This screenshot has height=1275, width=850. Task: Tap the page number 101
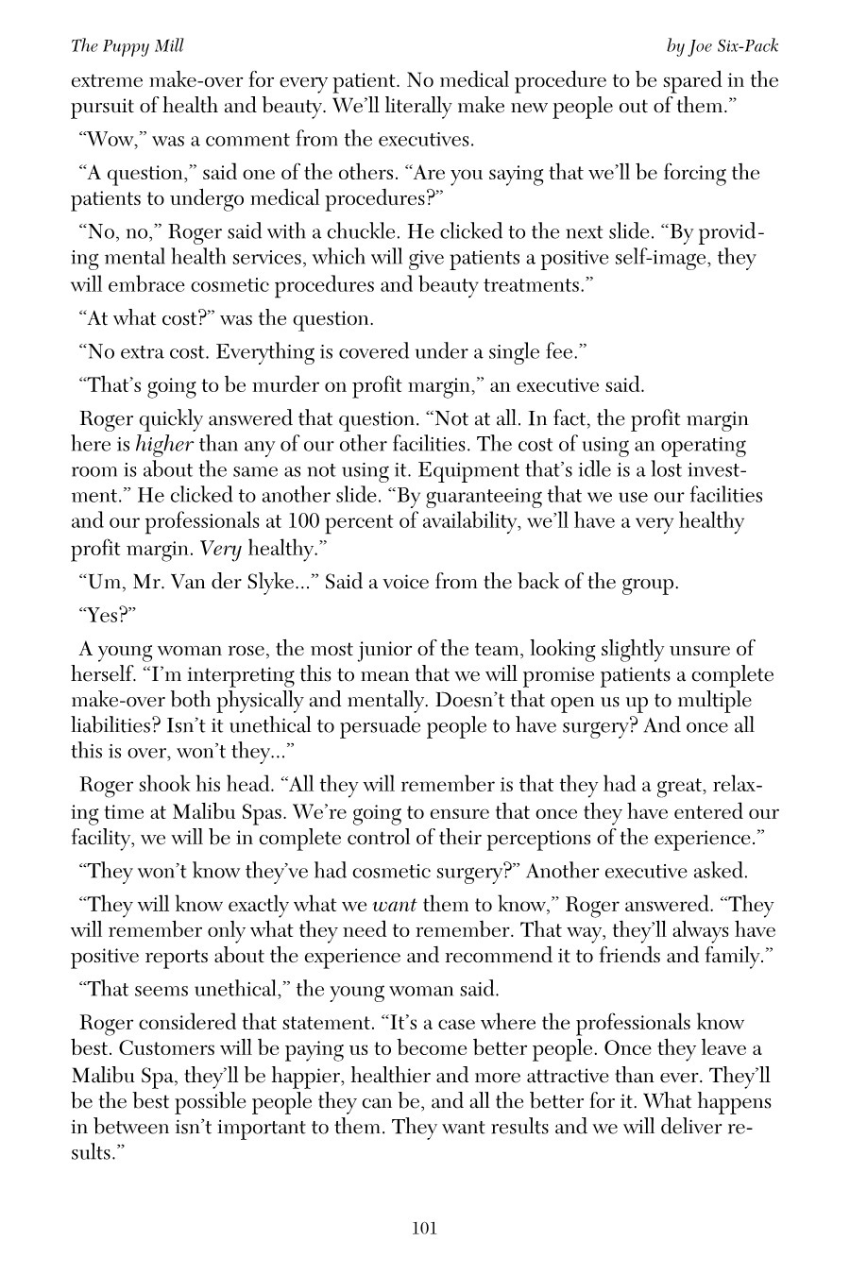pyautogui.click(x=424, y=1228)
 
